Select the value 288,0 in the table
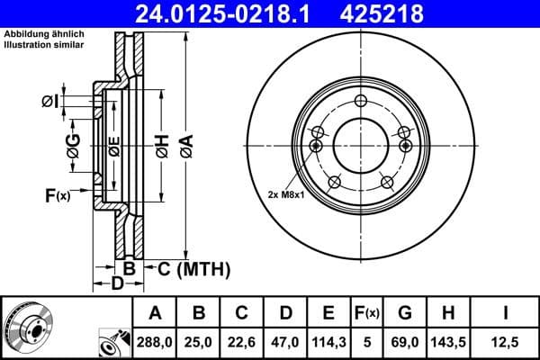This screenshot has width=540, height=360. tap(155, 342)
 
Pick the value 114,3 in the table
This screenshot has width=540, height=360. tap(328, 342)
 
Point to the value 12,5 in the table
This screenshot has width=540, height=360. tap(507, 342)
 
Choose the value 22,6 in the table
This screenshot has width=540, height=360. tap(242, 342)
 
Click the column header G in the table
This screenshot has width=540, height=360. tap(405, 313)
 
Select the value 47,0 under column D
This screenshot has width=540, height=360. tap(285, 342)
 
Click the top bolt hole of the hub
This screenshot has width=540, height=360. tap(360, 101)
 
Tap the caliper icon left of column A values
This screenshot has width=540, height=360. tap(114, 342)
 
